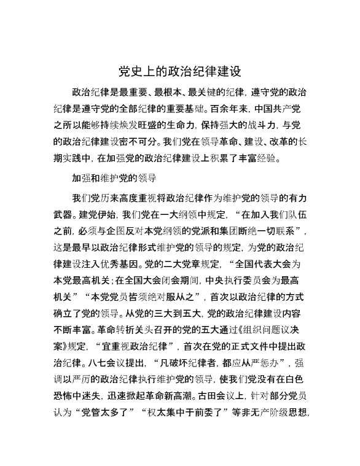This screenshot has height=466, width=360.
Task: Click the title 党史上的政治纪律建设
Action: (179, 72)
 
